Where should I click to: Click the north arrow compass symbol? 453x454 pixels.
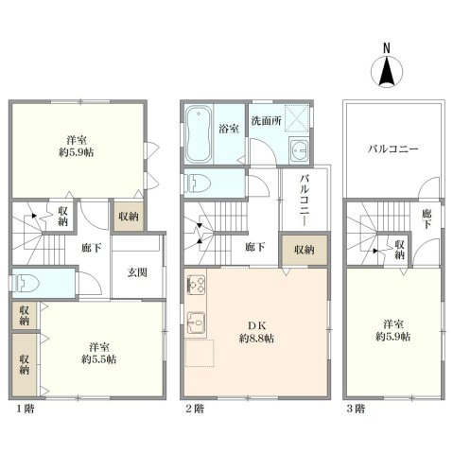[386, 71]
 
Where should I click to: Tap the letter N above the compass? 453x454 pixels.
[386, 47]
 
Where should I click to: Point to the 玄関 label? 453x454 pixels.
[136, 273]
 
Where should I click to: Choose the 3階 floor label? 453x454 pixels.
[355, 409]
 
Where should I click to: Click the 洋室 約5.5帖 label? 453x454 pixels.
[97, 353]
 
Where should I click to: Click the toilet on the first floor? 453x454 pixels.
[26, 281]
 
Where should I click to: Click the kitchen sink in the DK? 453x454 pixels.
[197, 322]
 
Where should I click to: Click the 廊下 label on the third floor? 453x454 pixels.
[427, 219]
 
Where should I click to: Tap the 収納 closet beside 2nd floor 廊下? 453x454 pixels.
[304, 250]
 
